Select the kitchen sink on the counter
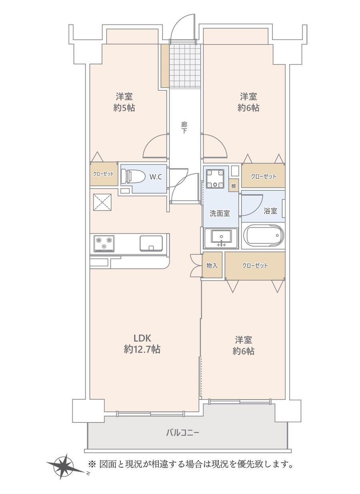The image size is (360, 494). [151, 243]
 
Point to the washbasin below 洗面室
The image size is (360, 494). [221, 238]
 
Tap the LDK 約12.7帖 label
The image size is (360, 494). [142, 343]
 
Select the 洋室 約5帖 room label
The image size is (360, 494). [124, 102]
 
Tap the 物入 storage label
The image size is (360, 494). [212, 265]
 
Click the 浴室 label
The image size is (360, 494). [270, 211]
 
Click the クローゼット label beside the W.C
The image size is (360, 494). [104, 174]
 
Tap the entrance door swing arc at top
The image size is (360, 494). [182, 28]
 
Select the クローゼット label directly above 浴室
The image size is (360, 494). [263, 176]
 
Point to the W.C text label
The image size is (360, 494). [156, 177]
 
